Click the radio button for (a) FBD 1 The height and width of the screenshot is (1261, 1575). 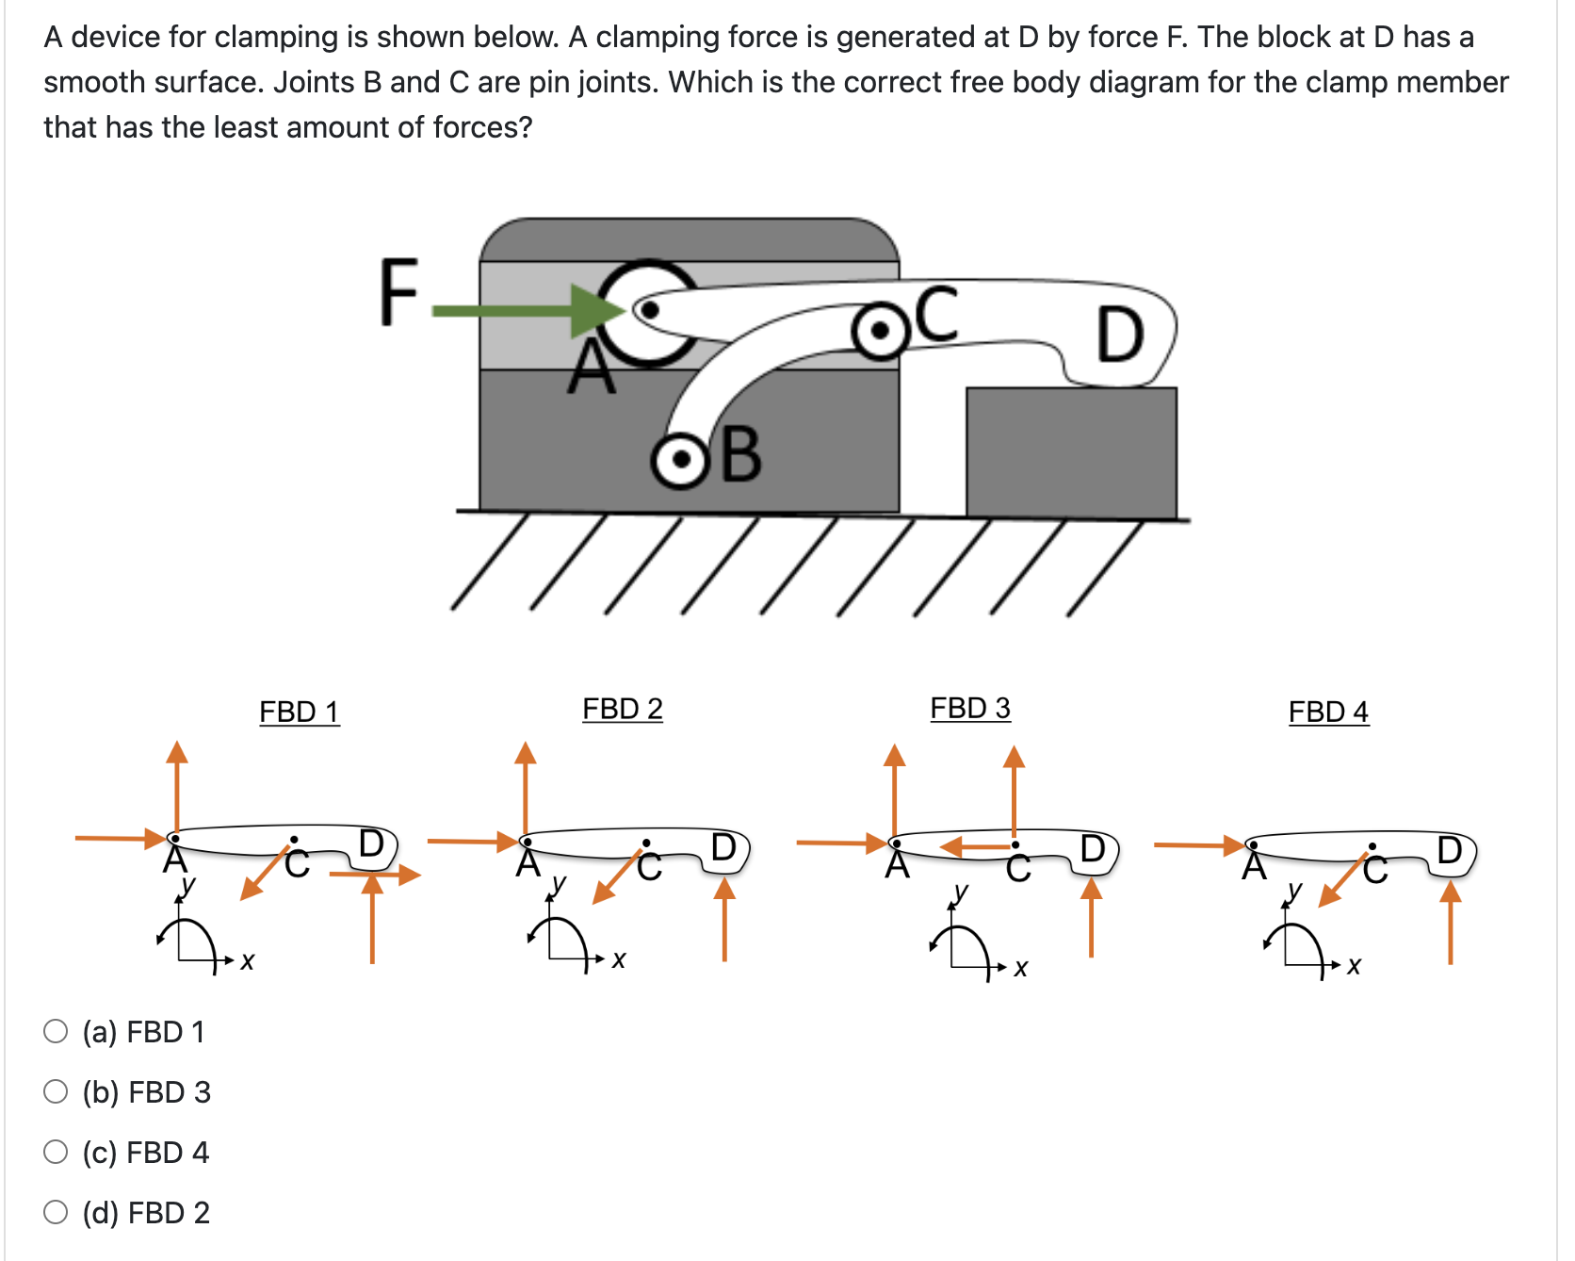pos(56,1031)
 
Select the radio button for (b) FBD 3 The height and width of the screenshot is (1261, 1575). pos(56,1091)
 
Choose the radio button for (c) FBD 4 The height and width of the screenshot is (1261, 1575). pos(56,1152)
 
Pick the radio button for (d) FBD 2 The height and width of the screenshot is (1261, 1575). pos(56,1212)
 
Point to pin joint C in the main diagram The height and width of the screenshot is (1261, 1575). pos(880,332)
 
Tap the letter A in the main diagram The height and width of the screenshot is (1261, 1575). pos(592,369)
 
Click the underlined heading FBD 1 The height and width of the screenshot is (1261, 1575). pos(299,712)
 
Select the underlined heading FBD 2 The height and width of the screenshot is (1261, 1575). pos(622,709)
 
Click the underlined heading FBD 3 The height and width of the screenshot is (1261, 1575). pos(969,708)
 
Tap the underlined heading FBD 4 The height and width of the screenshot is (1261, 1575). pos(1327,712)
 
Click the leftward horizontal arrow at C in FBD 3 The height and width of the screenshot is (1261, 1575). pos(975,846)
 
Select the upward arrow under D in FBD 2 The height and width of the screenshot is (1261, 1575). pos(723,919)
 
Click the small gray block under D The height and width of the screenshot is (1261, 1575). pos(1071,451)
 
